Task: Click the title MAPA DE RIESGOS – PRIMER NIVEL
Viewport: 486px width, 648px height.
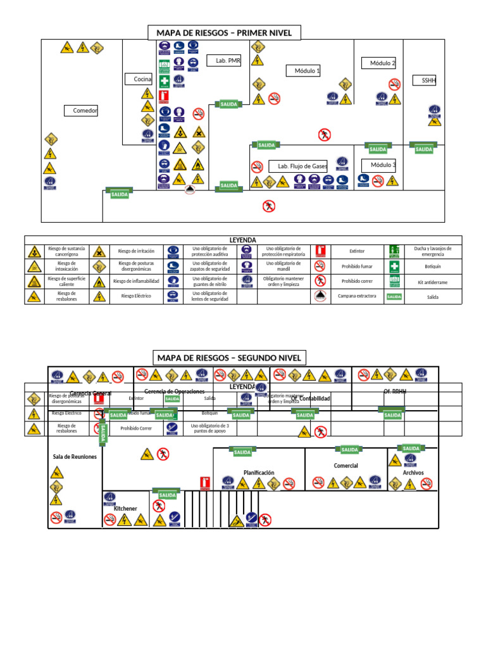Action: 224,33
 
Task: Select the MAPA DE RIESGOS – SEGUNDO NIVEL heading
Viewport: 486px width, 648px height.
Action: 229,358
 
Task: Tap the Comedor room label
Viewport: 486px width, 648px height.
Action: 85,111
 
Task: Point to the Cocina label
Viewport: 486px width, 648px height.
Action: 143,79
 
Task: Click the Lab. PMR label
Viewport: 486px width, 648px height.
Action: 225,61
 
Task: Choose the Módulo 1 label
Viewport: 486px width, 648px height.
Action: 307,71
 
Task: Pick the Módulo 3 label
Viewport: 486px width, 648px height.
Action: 383,165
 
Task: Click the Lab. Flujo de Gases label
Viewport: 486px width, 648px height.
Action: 302,166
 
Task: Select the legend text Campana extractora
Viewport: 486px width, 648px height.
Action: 357,296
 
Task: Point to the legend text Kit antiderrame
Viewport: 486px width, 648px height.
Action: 428,281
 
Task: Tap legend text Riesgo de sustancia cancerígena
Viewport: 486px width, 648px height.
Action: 66,251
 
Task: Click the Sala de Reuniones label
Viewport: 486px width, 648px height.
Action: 75,457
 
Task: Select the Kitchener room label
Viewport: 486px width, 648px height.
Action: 125,508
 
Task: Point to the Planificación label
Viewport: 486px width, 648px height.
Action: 259,473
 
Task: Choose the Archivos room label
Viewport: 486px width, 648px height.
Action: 413,473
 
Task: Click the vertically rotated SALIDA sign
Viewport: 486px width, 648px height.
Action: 103,435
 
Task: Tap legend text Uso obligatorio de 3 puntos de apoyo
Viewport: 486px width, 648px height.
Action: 209,428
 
